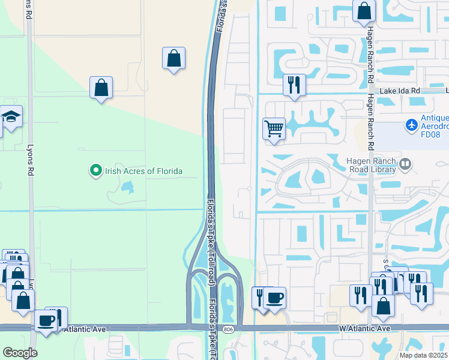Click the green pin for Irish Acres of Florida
click(x=95, y=172)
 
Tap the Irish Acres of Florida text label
click(x=143, y=172)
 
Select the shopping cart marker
click(x=274, y=128)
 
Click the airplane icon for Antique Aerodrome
click(x=411, y=125)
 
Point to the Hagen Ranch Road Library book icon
click(x=406, y=164)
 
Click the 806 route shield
click(x=231, y=329)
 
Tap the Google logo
click(x=20, y=352)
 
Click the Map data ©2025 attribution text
click(x=423, y=355)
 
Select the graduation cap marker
click(x=11, y=116)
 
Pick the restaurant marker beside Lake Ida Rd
click(x=294, y=85)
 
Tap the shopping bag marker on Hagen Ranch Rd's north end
click(x=364, y=11)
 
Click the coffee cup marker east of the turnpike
click(x=275, y=298)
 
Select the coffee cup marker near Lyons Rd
click(x=45, y=320)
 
